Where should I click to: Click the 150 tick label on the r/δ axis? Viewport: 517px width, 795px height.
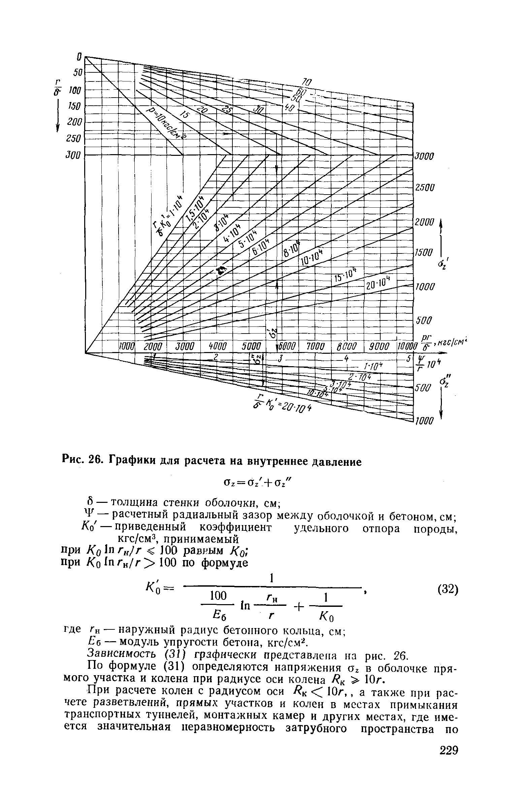point(74,106)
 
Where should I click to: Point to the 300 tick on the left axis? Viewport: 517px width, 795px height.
point(74,155)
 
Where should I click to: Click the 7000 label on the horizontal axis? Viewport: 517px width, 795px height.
point(316,347)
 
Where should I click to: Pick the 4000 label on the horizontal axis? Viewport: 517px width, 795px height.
point(216,347)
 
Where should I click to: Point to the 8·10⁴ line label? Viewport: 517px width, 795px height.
point(291,250)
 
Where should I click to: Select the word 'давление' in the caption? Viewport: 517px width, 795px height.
point(330,462)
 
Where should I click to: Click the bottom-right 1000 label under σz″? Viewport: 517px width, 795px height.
point(424,421)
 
